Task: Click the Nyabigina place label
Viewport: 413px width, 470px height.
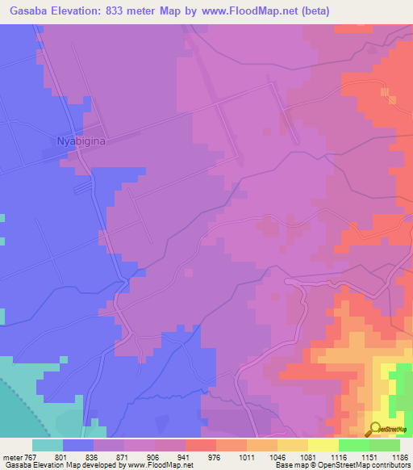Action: pyautogui.click(x=81, y=141)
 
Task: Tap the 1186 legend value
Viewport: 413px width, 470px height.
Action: pyautogui.click(x=398, y=456)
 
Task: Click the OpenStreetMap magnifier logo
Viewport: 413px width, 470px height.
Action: pyautogui.click(x=375, y=428)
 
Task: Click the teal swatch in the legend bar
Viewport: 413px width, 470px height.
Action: pyautogui.click(x=48, y=445)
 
